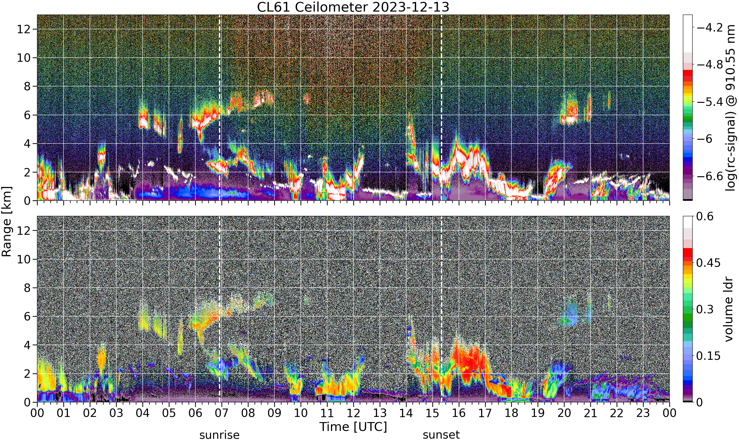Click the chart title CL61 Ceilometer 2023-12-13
353,7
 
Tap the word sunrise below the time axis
219,435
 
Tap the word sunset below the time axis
441,435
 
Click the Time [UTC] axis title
353,427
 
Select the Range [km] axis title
7,221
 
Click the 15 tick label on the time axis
432,413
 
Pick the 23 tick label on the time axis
643,413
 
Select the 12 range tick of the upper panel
23,29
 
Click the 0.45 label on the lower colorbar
708,263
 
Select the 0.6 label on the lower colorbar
705,216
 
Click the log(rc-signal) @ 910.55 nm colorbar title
731,108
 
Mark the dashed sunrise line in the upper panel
219,108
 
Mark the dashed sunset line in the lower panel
441,309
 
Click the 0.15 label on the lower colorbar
708,356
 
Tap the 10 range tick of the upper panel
23,58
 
